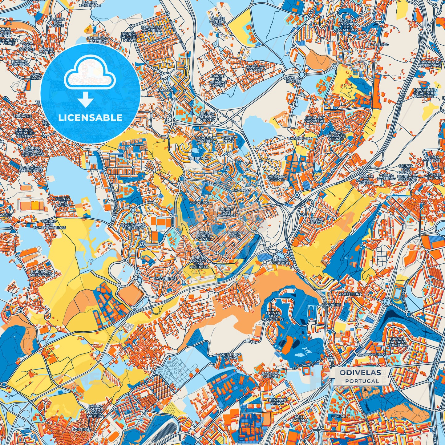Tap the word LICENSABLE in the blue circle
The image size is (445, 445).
(x=91, y=118)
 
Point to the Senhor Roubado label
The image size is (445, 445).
(x=281, y=261)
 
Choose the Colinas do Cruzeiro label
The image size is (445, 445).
(x=133, y=227)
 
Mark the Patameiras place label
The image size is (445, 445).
(x=165, y=278)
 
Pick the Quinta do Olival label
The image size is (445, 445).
(x=230, y=356)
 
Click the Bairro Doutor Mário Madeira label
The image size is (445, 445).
(x=95, y=411)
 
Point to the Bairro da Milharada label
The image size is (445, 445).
(x=40, y=273)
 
